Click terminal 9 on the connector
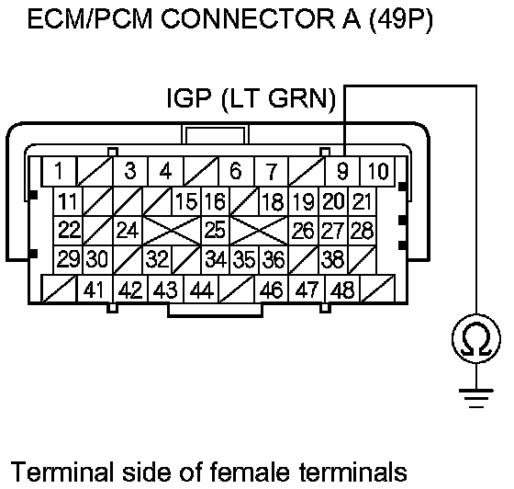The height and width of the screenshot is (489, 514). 342,171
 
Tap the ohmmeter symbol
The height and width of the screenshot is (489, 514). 476,338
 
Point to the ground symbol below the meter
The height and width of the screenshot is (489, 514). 476,398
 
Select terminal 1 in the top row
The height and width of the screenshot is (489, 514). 59,171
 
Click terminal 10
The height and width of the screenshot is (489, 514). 378,171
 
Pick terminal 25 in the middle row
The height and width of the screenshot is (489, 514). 215,230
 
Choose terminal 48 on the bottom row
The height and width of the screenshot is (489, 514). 342,290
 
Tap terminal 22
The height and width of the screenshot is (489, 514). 68,230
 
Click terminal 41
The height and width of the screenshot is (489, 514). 95,290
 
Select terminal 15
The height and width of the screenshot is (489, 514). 186,201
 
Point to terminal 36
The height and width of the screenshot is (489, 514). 274,259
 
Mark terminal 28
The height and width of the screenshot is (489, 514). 362,230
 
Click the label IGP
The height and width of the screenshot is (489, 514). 188,97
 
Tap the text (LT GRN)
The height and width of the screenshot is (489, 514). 279,99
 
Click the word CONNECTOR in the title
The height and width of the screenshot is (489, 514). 248,19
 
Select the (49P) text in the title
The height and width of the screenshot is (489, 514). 400,20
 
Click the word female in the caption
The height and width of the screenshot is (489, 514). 250,472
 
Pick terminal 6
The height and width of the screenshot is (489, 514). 236,171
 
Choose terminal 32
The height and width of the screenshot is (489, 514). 157,259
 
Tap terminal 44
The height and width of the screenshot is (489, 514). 201,290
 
